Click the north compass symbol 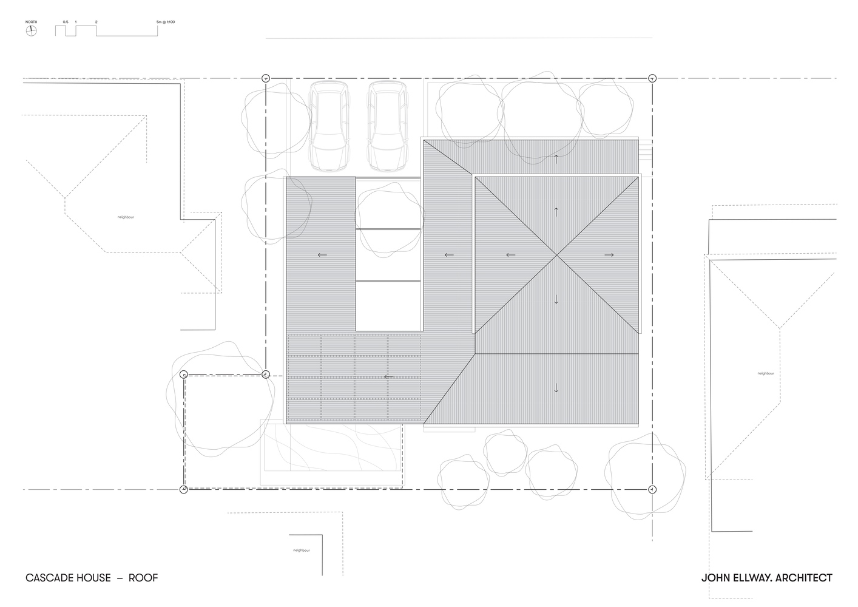pos(31,32)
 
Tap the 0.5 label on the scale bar pos(65,22)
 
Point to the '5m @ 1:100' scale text pos(166,22)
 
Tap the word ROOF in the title pos(143,578)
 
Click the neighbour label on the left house pos(126,217)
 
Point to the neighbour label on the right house pos(766,373)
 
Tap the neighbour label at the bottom pos(301,550)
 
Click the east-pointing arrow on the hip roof pos(609,255)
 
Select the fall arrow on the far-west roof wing pos(322,255)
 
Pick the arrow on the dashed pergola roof pos(388,376)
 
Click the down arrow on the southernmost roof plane pos(556,388)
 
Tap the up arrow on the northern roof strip pos(556,160)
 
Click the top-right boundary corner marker pos(652,78)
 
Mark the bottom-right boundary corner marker pos(652,489)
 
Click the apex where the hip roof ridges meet pos(556,255)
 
